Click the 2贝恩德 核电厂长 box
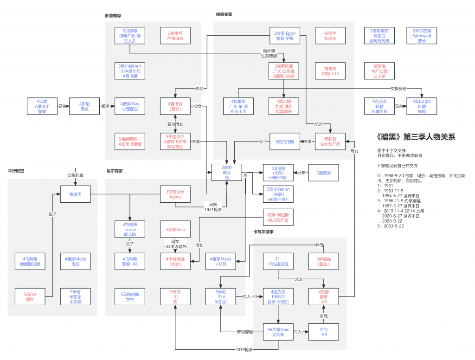(130, 36)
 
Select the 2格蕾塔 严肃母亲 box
(175, 36)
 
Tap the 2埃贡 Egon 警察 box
(284, 36)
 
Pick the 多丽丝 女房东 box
(330, 36)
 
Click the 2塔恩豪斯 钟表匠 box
(379, 36)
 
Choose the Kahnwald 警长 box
(422, 36)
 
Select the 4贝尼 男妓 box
(84, 106)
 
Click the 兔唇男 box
(75, 194)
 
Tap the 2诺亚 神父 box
(227, 172)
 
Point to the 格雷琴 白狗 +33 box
(330, 71)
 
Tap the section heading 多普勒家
(113, 16)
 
